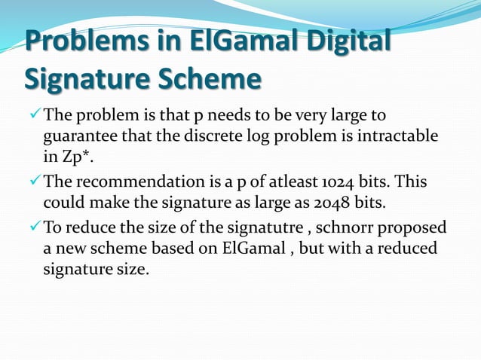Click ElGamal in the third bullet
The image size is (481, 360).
tap(241, 249)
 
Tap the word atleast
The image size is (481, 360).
tap(269, 182)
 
